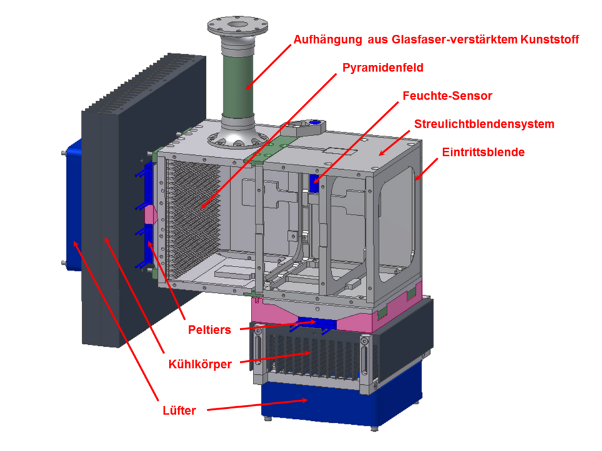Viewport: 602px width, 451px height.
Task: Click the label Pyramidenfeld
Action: [383, 68]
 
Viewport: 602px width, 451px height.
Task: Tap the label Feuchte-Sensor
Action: [447, 96]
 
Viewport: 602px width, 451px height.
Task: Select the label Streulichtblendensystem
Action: [484, 124]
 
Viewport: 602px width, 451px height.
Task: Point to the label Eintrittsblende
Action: [483, 152]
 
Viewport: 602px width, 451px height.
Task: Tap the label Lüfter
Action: [179, 410]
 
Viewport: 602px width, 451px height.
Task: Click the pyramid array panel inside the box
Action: [194, 214]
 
